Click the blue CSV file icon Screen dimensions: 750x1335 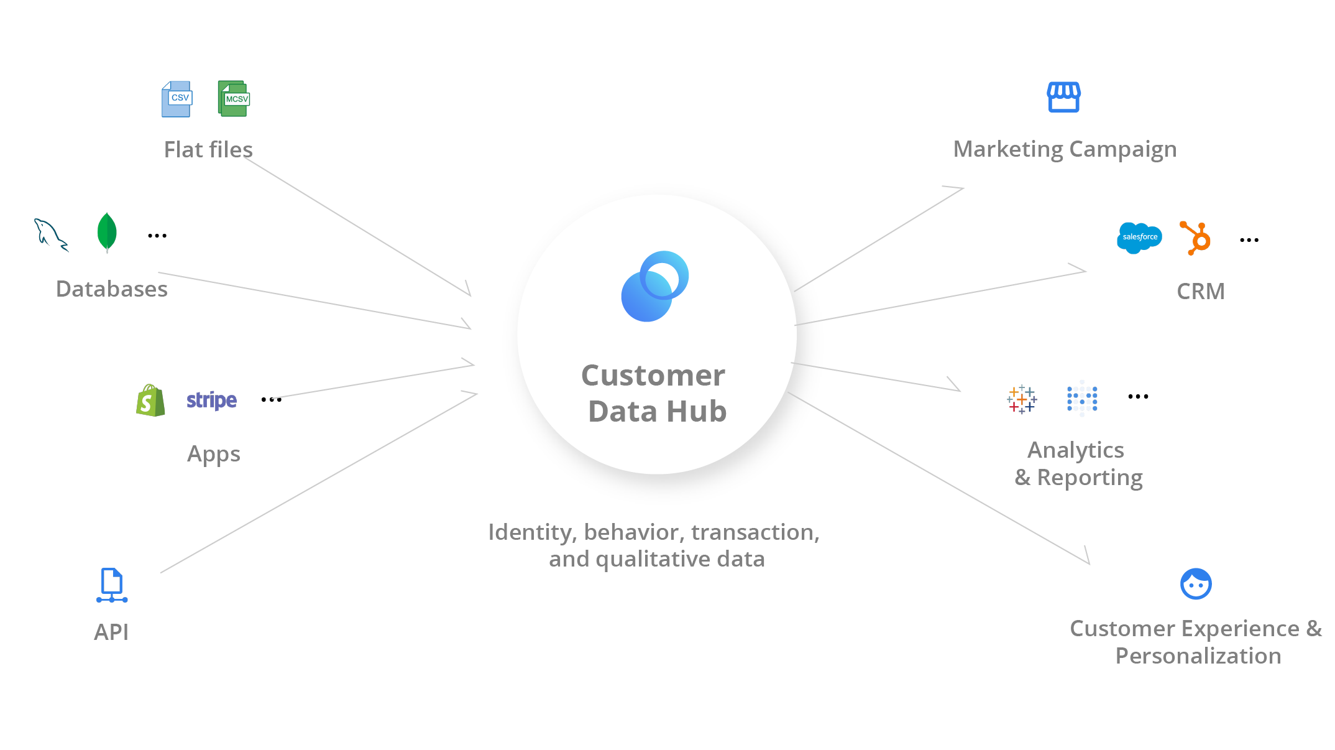(x=177, y=99)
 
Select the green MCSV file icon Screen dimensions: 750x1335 (x=234, y=99)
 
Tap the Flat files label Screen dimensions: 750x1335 (x=208, y=150)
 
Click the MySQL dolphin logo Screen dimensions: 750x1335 (x=50, y=235)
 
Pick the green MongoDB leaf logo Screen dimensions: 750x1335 (x=107, y=233)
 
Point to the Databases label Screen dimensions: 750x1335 (x=112, y=289)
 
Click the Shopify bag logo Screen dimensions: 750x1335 (x=150, y=400)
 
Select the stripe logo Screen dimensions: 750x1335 (x=211, y=400)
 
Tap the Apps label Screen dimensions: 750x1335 (x=213, y=455)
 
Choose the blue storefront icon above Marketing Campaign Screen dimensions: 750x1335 (x=1063, y=97)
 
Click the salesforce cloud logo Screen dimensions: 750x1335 (x=1139, y=238)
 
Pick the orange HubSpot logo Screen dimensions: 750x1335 (x=1195, y=238)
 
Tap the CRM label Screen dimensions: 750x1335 (x=1200, y=291)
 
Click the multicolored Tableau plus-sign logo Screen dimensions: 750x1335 (x=1021, y=399)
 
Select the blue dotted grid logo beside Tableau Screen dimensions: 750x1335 (x=1082, y=399)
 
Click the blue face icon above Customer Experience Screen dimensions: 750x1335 (x=1195, y=584)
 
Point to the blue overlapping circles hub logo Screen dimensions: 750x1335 (x=654, y=286)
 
